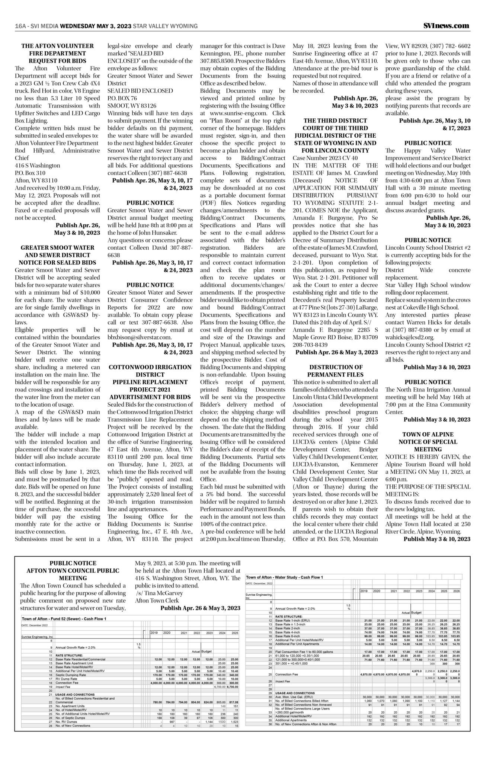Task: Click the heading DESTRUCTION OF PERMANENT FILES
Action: [x=335, y=371]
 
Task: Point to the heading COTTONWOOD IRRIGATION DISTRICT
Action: [x=150, y=371]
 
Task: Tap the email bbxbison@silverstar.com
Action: [x=140, y=337]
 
